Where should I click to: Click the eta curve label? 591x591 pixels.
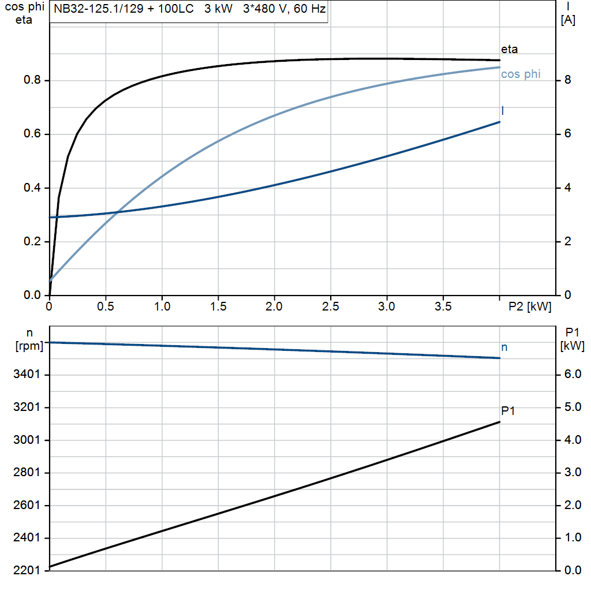point(509,50)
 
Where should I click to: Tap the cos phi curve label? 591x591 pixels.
point(521,74)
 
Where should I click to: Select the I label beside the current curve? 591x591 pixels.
point(503,110)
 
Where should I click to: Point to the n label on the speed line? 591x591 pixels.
point(504,347)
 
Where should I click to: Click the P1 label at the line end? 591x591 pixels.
point(508,411)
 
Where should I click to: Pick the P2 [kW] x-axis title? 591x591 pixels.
point(530,306)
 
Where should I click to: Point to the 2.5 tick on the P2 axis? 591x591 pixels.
point(330,306)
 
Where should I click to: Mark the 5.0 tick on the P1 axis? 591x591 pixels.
point(573,407)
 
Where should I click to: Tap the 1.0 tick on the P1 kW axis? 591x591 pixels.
point(573,538)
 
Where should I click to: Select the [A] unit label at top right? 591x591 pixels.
point(568,21)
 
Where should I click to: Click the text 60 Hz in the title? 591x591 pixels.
point(309,10)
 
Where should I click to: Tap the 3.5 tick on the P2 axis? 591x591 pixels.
point(443,306)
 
